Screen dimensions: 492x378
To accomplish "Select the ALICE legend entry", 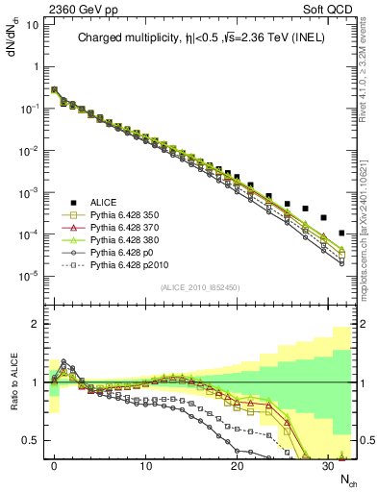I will click(x=104, y=202).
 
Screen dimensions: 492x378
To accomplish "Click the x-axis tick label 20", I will click(x=237, y=464).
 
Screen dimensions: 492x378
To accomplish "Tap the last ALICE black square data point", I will click(x=342, y=233).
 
